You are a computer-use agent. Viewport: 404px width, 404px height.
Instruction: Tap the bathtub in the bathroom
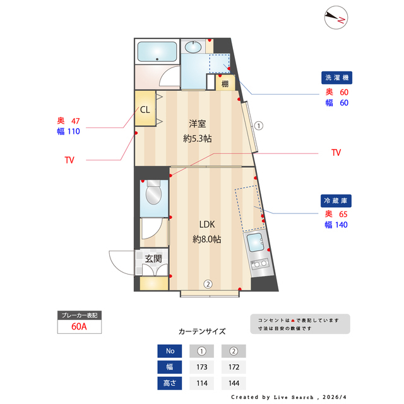click(x=157, y=51)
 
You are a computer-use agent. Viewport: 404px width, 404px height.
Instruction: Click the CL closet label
click(x=145, y=109)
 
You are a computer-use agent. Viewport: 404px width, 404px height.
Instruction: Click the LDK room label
click(x=207, y=225)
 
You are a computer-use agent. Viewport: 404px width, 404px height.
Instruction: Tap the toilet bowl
click(x=153, y=196)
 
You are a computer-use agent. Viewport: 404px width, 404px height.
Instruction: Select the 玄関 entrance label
click(x=153, y=258)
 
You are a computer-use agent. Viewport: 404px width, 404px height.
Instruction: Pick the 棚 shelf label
click(x=225, y=82)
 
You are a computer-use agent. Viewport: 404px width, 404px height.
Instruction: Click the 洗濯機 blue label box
click(x=336, y=78)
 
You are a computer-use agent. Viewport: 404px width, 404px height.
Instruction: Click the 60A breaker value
click(x=79, y=326)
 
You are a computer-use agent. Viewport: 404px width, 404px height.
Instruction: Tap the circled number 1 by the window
click(x=259, y=125)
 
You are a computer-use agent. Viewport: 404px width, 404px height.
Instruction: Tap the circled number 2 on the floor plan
click(x=207, y=283)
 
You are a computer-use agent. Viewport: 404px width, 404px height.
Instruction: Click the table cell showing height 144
click(x=233, y=383)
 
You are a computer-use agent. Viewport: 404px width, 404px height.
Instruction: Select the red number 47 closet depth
click(x=76, y=121)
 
